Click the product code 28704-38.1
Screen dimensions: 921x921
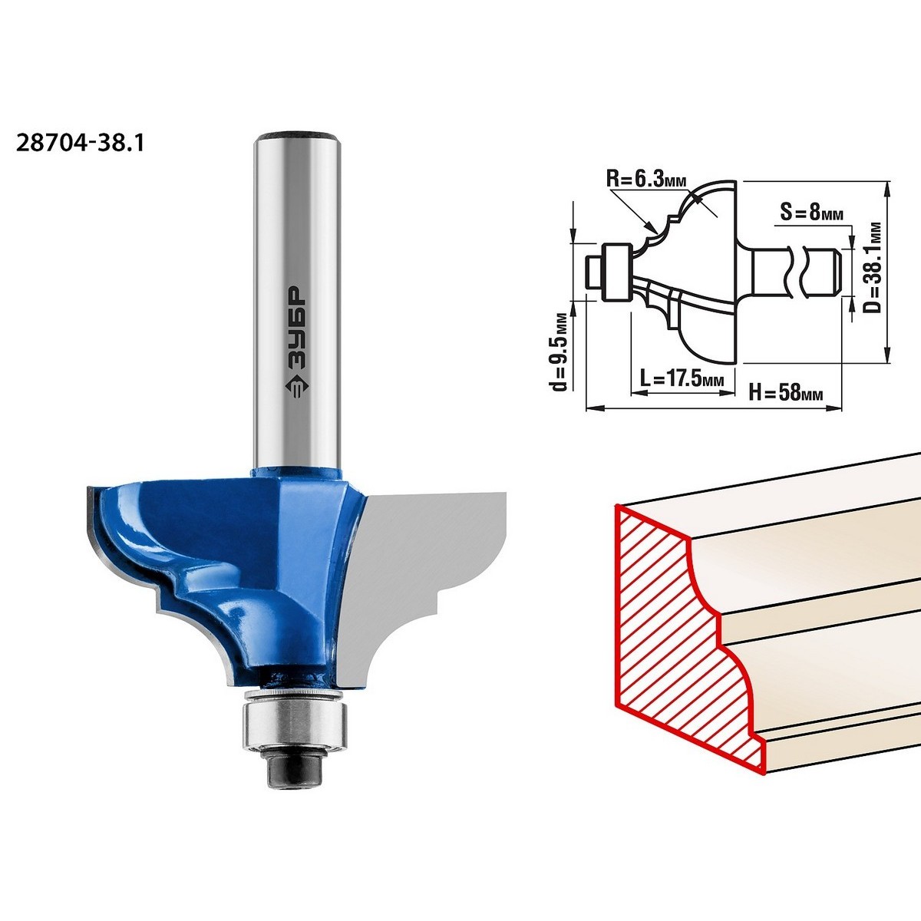click(80, 143)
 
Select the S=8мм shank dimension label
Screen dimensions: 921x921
click(811, 212)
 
